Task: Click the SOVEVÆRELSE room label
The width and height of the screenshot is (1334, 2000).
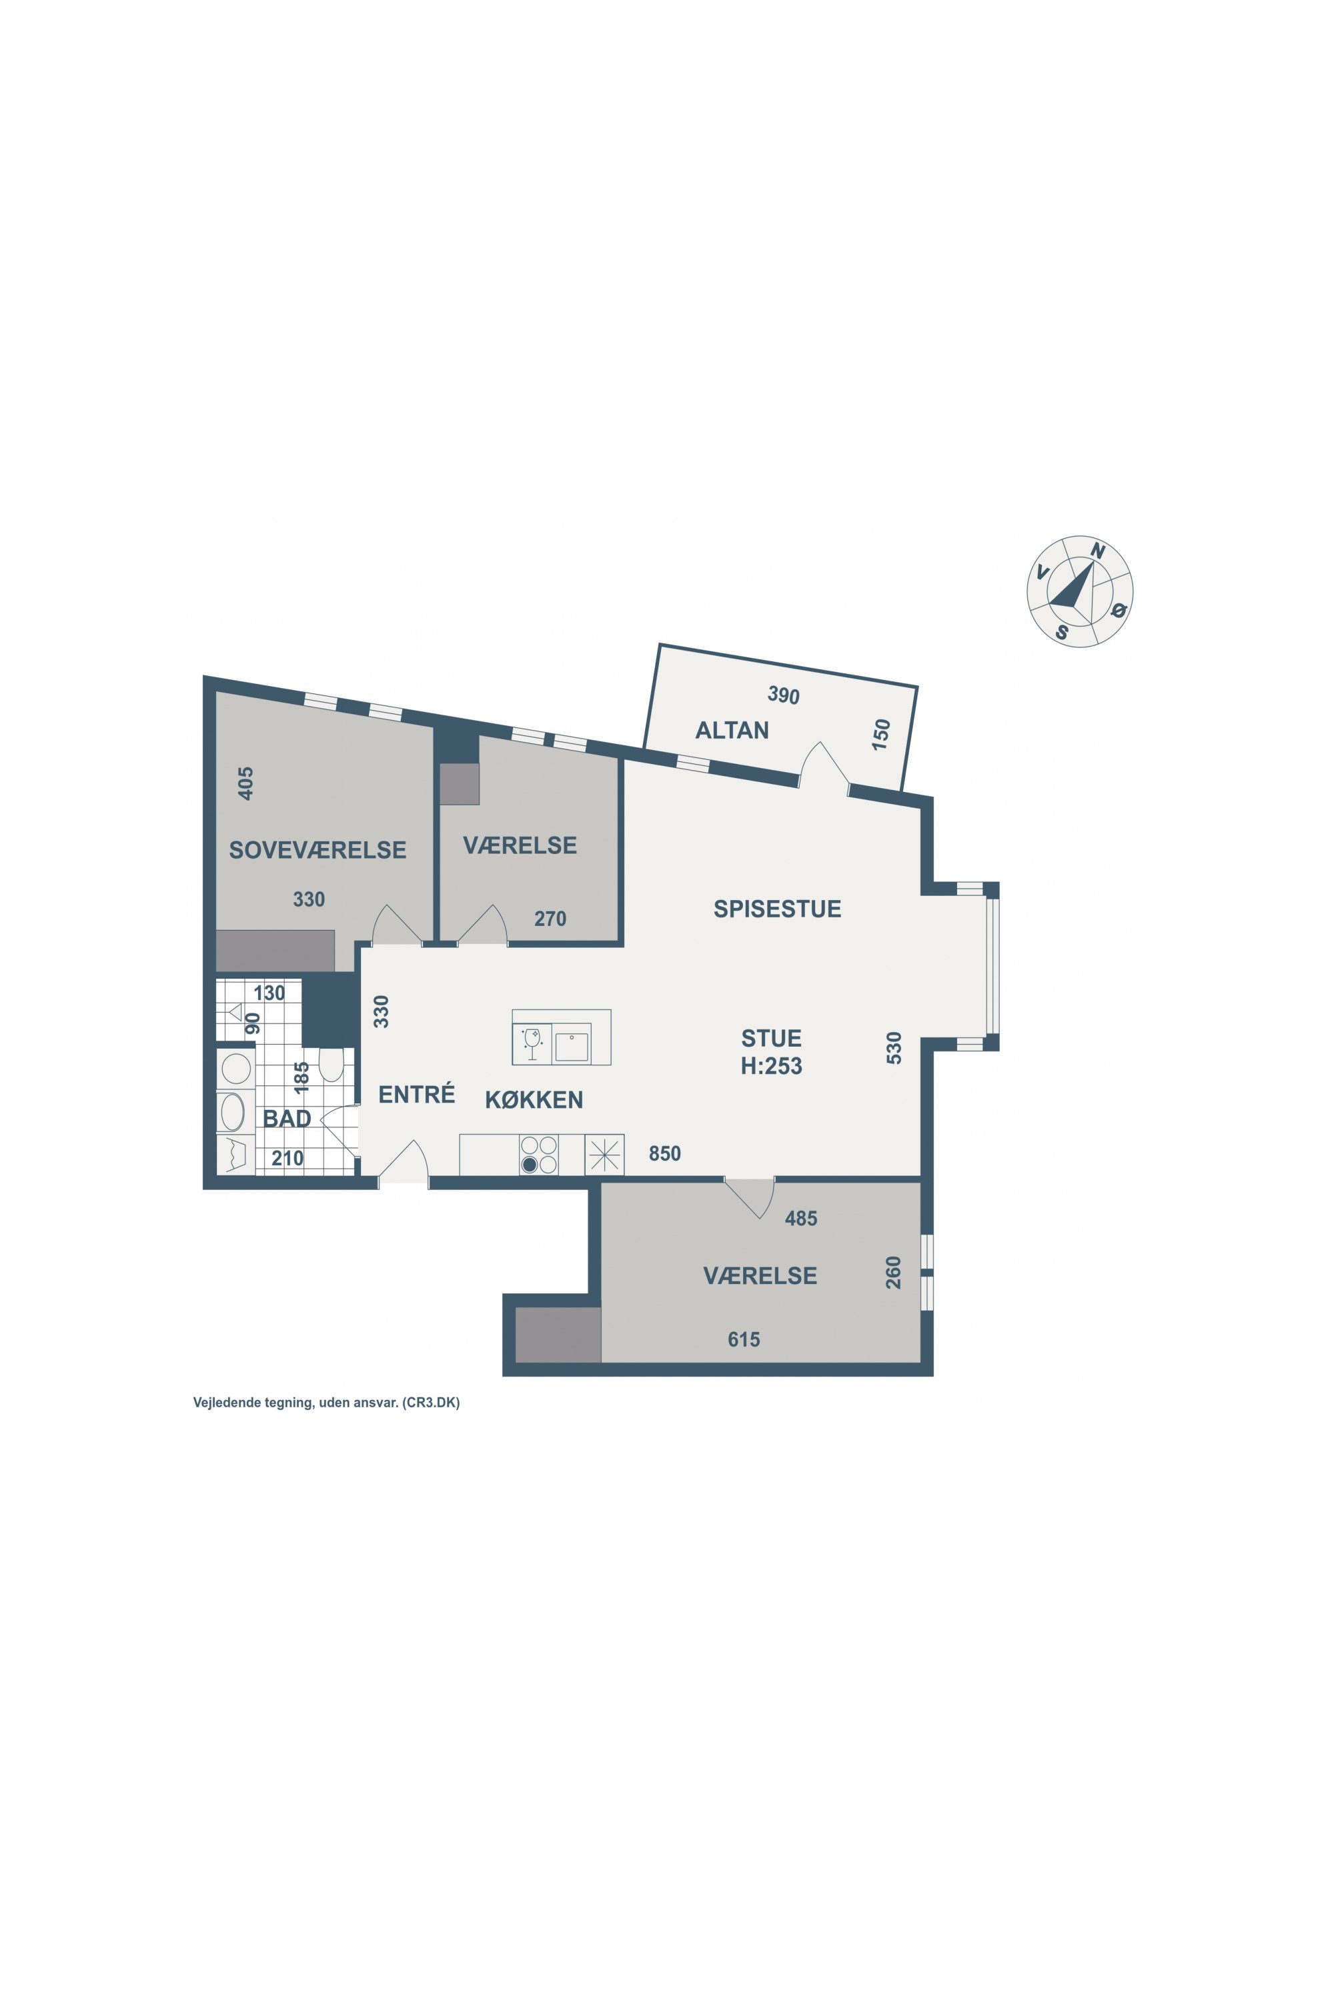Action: tap(317, 849)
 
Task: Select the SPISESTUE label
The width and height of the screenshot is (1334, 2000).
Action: tap(777, 909)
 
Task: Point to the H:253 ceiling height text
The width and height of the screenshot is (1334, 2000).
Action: tap(771, 1065)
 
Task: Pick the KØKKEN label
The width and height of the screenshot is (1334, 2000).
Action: tap(534, 1099)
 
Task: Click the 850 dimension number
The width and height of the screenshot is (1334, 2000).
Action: tap(664, 1153)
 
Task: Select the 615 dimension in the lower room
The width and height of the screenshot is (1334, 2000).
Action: tap(744, 1339)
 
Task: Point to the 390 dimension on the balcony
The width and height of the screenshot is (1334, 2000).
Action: tap(784, 695)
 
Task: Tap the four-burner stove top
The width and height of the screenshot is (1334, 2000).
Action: tap(538, 1155)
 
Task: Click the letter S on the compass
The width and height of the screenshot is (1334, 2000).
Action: tap(1062, 633)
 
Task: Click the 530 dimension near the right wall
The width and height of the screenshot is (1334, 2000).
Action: tap(893, 1047)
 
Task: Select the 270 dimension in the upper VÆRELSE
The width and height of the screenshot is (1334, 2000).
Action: tap(550, 919)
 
